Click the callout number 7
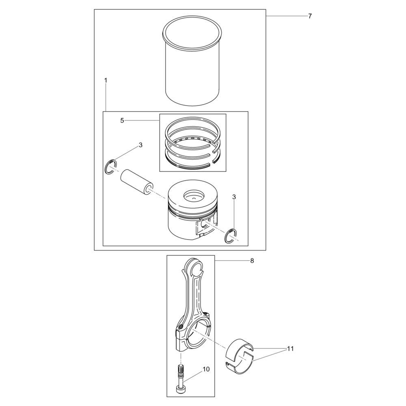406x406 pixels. pos(310,16)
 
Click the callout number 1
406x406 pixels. pos(106,80)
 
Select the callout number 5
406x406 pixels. pos(122,121)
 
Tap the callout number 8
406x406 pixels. pos(252,261)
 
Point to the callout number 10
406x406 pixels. pos(206,369)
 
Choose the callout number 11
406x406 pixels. pos(291,349)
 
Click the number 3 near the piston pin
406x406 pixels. pos(140,145)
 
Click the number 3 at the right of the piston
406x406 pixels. pos(234,197)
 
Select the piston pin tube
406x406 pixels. pos(136,182)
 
